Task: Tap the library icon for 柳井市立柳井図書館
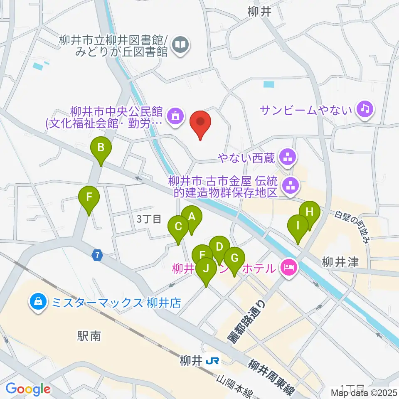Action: click(180, 44)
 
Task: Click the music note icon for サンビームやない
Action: click(365, 109)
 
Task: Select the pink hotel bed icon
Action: click(287, 267)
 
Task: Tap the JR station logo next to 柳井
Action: click(212, 361)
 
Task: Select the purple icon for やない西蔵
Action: click(287, 157)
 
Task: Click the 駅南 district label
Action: click(89, 335)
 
